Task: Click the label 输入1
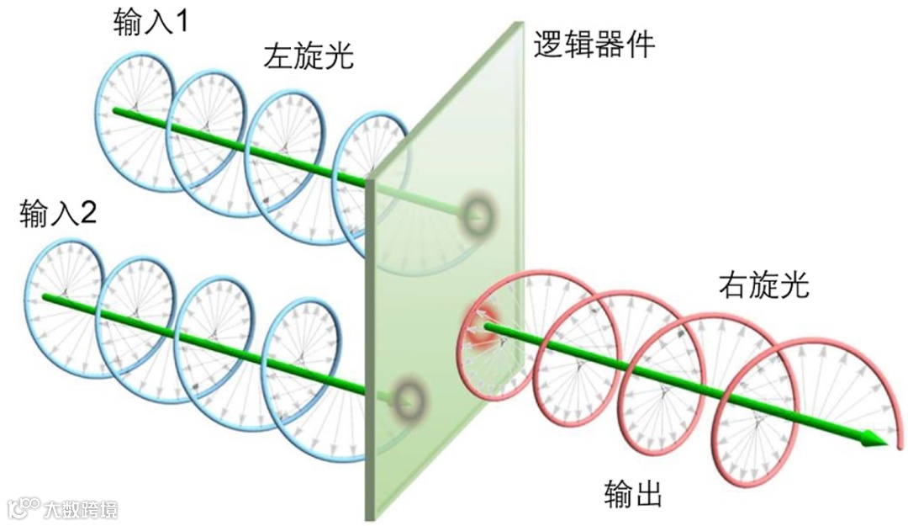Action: [x=151, y=23]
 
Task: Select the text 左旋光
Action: [x=309, y=57]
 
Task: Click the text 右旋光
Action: [x=763, y=286]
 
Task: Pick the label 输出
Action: [x=633, y=494]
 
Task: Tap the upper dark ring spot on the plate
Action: [x=477, y=215]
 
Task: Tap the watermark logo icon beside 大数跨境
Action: [x=24, y=507]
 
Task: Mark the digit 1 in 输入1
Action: [x=179, y=23]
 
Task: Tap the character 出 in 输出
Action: [x=648, y=494]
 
